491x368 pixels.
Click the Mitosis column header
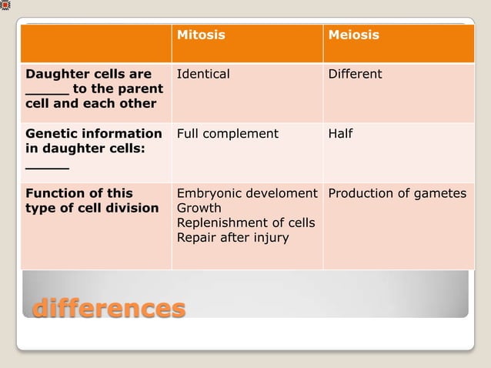tap(201, 35)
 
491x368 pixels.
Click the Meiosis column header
tap(353, 35)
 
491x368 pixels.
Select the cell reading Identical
tap(203, 75)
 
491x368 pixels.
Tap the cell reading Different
tap(355, 75)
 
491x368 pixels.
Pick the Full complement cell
tap(228, 134)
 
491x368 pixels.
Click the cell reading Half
tap(340, 134)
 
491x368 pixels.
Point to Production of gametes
tap(397, 193)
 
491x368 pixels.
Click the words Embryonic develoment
tap(247, 193)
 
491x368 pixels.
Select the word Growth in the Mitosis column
tap(199, 208)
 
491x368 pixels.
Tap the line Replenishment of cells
tap(245, 222)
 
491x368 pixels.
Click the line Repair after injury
tap(232, 237)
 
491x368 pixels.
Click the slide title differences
tap(109, 308)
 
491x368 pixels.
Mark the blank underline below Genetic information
tap(47, 166)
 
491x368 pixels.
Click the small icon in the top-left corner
tap(5, 5)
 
